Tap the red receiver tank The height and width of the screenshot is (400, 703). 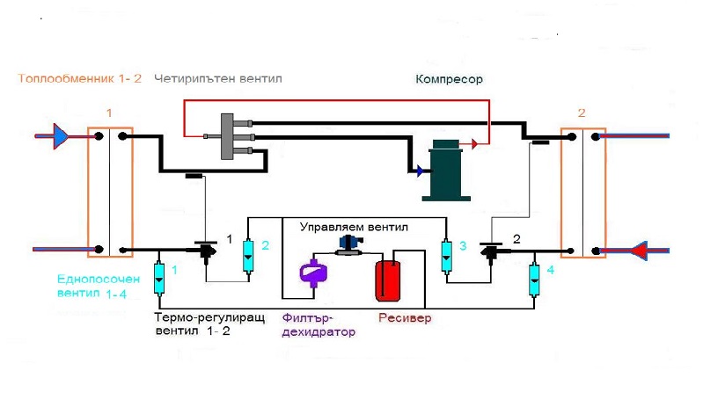point(387,279)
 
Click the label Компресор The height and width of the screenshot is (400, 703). point(450,79)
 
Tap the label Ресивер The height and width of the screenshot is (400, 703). point(405,318)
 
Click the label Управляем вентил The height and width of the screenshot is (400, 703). point(354,226)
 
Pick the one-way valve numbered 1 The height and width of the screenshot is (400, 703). point(159,278)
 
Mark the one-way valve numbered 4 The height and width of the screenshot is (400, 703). point(533,279)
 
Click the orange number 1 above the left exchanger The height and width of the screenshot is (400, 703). point(109,113)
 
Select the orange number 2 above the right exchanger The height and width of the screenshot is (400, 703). point(582,113)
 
